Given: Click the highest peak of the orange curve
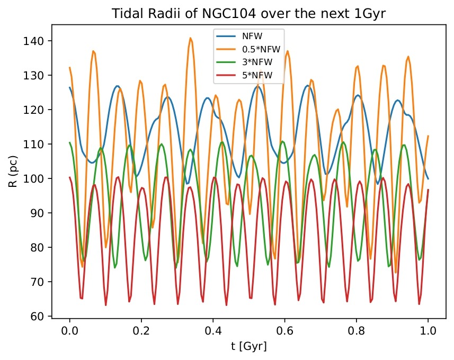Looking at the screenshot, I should click(190, 38).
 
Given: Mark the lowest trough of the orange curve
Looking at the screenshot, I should click(395, 273).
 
